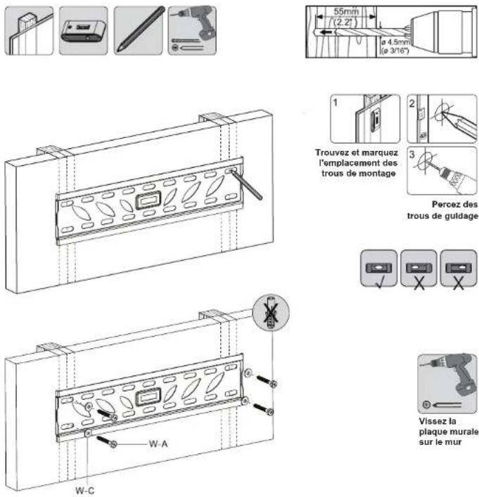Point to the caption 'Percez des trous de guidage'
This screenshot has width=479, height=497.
442,210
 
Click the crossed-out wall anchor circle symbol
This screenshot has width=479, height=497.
271,314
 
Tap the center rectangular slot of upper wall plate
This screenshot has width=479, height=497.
146,200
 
